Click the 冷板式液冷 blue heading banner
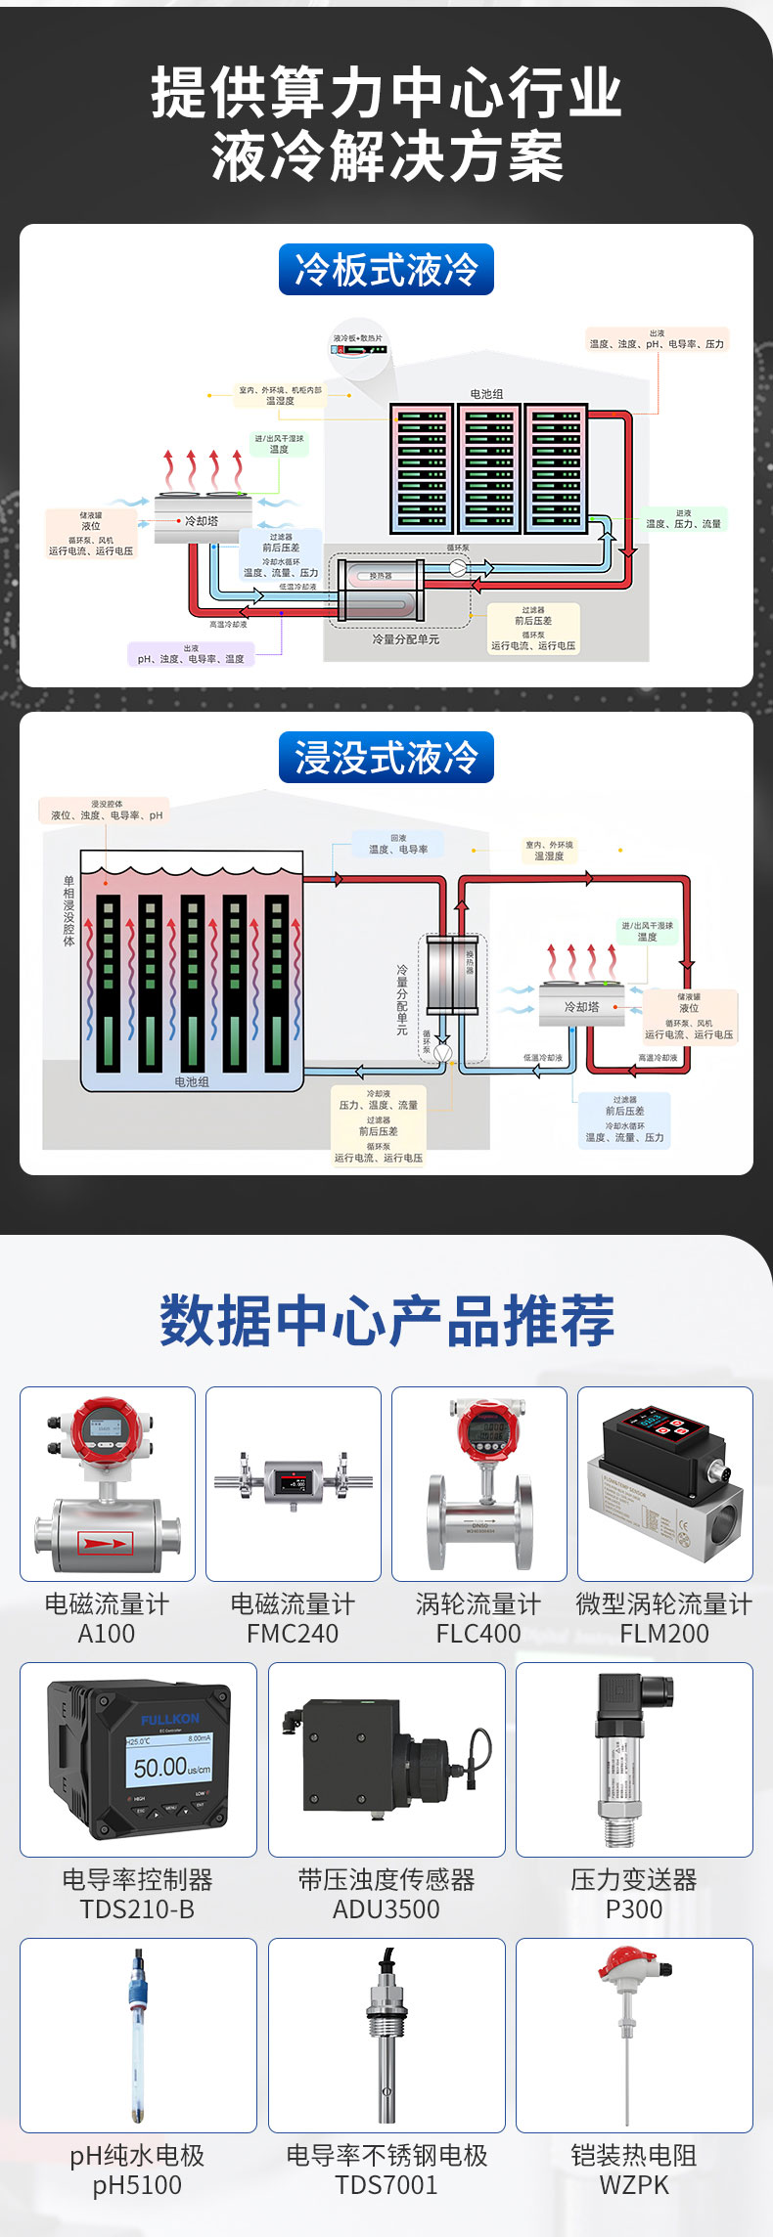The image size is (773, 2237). (x=386, y=270)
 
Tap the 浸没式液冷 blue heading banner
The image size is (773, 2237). (x=386, y=758)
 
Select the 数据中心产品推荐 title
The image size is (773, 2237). (x=386, y=1320)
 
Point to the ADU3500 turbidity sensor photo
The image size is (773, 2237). (x=386, y=1759)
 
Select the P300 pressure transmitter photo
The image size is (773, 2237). (x=634, y=1759)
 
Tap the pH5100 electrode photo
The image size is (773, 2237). (x=137, y=2035)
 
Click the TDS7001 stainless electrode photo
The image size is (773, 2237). (x=386, y=2035)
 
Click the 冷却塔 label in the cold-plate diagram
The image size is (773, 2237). (x=202, y=521)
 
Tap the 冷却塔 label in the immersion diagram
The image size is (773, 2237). (x=581, y=1006)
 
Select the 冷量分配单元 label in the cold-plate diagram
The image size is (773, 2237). (x=405, y=639)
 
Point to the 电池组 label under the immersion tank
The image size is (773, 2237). (x=192, y=1081)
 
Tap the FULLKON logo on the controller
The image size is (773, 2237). (x=169, y=1718)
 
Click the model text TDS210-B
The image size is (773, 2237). (x=137, y=1908)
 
